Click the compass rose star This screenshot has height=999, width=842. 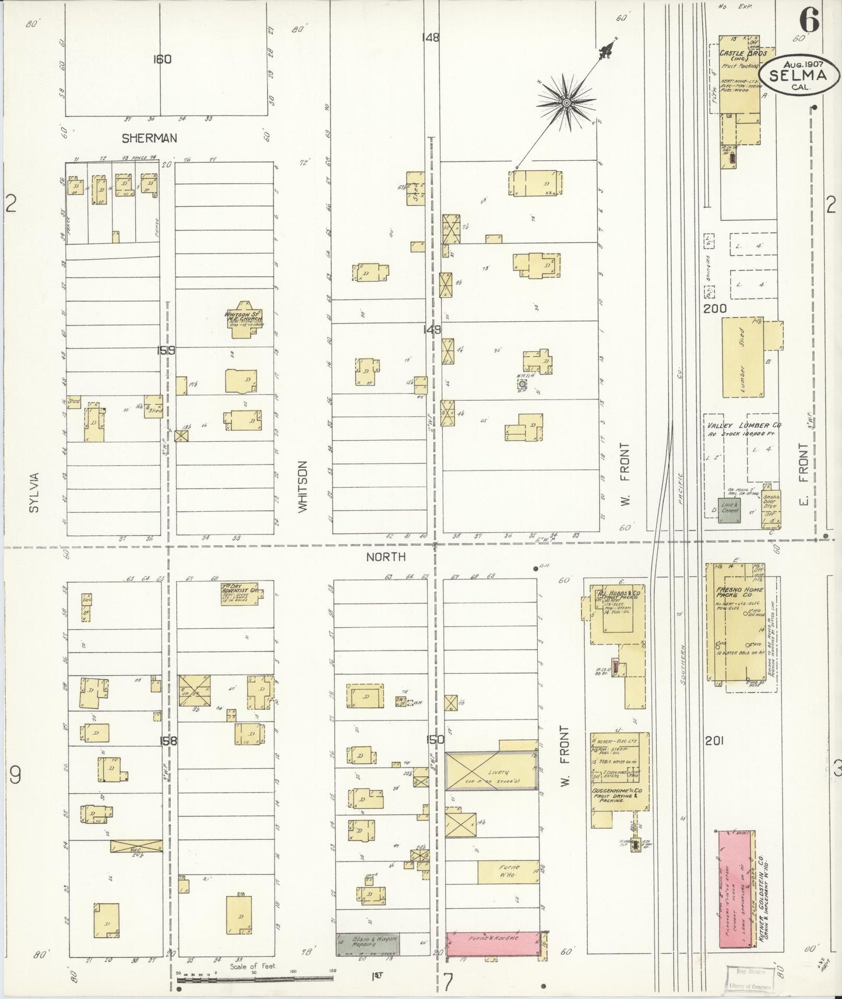(565, 103)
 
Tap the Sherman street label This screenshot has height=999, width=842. (149, 139)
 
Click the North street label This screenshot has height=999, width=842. (386, 557)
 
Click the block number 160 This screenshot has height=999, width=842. (162, 59)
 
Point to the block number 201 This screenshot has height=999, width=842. (714, 741)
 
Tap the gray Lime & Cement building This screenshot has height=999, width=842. (730, 510)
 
